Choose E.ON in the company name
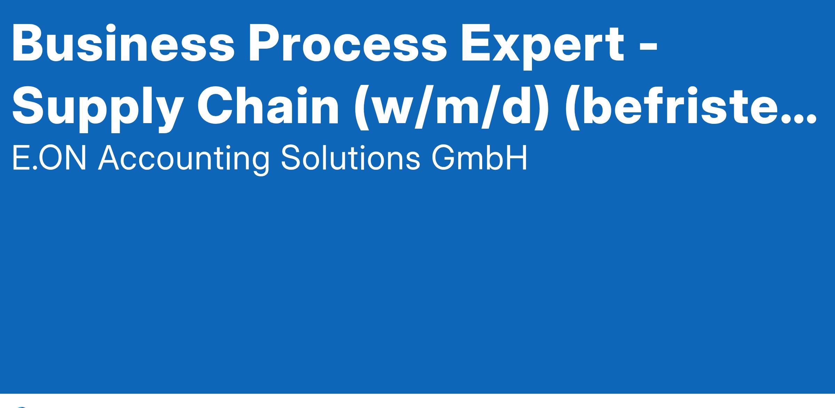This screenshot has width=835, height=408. [x=49, y=158]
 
